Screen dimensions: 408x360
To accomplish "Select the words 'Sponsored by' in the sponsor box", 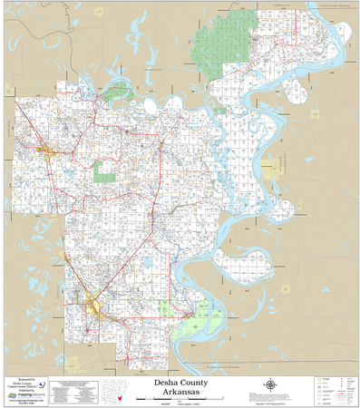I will click(26, 380).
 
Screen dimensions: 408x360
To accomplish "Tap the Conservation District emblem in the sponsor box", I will click(40, 384).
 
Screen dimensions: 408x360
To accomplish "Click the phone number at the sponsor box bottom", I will click(26, 403).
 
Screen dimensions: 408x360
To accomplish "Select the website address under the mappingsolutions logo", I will click(26, 400).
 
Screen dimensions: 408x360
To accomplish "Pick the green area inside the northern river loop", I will click(117, 91).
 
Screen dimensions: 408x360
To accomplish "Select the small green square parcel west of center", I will click(106, 169).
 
